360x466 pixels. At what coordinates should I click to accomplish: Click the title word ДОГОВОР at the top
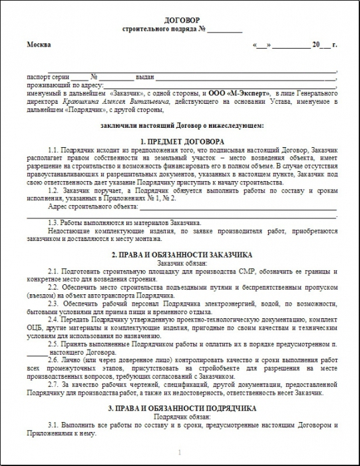180,21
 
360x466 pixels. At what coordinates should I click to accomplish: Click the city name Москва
39,45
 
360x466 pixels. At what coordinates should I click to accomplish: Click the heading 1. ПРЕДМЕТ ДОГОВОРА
182,142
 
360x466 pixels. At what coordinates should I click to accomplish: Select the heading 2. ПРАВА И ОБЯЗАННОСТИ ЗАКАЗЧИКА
182,255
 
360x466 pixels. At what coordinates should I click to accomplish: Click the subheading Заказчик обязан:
182,263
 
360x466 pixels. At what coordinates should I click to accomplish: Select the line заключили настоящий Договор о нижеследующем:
182,125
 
